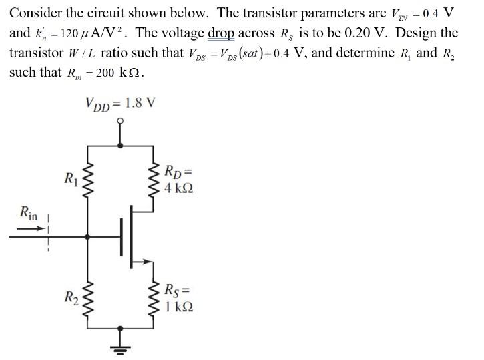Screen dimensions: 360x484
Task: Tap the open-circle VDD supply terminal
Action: (121, 122)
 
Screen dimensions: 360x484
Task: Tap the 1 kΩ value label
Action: (179, 307)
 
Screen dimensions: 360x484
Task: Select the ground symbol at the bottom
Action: (122, 348)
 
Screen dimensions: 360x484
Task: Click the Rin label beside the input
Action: (29, 214)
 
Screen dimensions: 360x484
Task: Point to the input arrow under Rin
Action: (31, 230)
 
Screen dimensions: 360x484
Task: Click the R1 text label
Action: (70, 178)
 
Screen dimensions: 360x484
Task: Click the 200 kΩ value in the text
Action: (118, 71)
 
